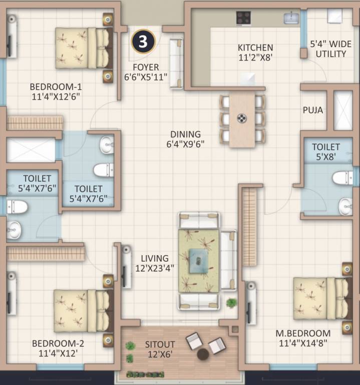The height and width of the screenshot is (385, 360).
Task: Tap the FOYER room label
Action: (x=146, y=67)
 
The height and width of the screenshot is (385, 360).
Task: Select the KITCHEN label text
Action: (x=255, y=48)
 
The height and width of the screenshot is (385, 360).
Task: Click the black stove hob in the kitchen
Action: (x=244, y=18)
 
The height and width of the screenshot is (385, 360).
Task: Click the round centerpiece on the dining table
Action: (x=242, y=118)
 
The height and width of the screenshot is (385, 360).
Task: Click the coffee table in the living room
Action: (x=199, y=261)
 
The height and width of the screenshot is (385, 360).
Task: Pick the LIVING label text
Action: (x=154, y=258)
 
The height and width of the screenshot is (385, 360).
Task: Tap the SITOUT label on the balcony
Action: (x=160, y=344)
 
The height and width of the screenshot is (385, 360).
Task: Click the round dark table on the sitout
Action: (x=203, y=354)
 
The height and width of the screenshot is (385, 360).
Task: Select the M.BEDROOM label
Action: (x=303, y=333)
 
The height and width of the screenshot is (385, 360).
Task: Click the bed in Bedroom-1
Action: (x=83, y=48)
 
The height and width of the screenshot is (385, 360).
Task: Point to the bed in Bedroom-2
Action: (x=82, y=310)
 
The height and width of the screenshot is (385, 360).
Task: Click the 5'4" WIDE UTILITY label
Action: (x=328, y=49)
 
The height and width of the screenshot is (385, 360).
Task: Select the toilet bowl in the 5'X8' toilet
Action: (x=342, y=177)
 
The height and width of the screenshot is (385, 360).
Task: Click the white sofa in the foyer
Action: (x=177, y=63)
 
